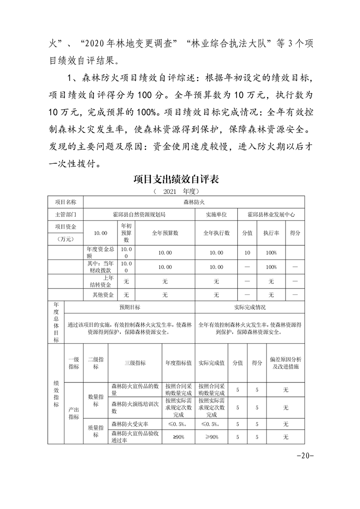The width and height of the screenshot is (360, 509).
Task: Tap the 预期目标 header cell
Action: coord(130,307)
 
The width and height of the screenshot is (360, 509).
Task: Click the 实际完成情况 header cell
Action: coord(250,307)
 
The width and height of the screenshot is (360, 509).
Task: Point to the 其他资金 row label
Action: coord(100,295)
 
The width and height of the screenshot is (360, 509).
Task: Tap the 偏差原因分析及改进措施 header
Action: coord(286,363)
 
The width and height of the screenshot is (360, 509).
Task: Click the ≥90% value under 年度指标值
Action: coord(178,437)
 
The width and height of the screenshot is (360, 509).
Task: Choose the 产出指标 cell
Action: coord(74,413)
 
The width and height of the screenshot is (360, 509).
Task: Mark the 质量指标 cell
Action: coord(96,431)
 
